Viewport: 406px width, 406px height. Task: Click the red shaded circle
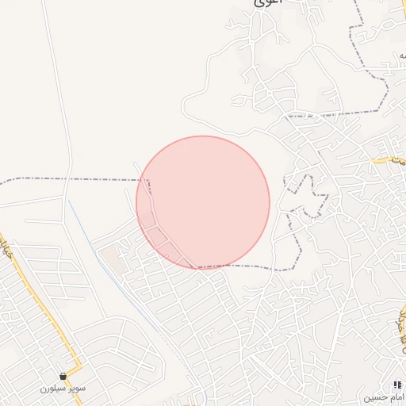[203, 201]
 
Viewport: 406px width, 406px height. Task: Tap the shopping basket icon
[63, 376]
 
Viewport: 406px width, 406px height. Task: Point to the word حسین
[374, 396]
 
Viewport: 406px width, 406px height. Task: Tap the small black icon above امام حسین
[396, 385]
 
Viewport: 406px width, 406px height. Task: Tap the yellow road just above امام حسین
[396, 333]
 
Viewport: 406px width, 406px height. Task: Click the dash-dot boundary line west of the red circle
[71, 180]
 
